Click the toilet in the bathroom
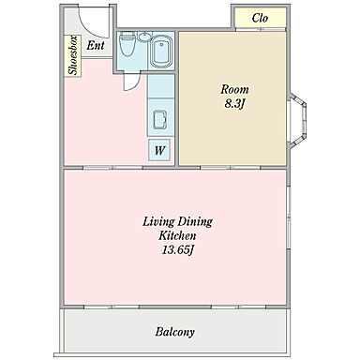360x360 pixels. [127, 43]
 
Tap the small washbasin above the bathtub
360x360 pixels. [144, 37]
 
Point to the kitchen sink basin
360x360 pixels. [159, 120]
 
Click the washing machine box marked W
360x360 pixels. [159, 150]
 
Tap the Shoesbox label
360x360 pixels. [73, 55]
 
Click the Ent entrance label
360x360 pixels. [96, 46]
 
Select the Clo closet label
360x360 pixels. [260, 18]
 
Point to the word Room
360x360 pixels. [234, 89]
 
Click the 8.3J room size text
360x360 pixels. [234, 103]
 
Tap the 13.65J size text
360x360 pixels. [178, 249]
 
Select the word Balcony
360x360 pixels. [174, 332]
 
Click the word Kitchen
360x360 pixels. [177, 235]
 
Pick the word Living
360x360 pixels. [158, 222]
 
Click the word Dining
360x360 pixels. [195, 222]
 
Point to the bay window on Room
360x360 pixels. [297, 121]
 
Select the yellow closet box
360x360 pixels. [261, 18]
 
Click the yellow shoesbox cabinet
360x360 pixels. [73, 56]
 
